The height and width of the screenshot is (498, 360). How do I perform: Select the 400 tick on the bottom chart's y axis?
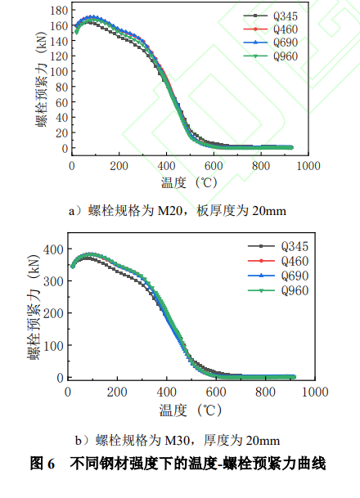tap(52, 249)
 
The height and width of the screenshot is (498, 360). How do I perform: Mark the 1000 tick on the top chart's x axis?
tap(308, 165)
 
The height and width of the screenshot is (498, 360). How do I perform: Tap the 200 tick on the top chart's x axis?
tap(119, 165)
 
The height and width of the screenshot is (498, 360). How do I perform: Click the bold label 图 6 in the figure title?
tap(42, 464)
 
